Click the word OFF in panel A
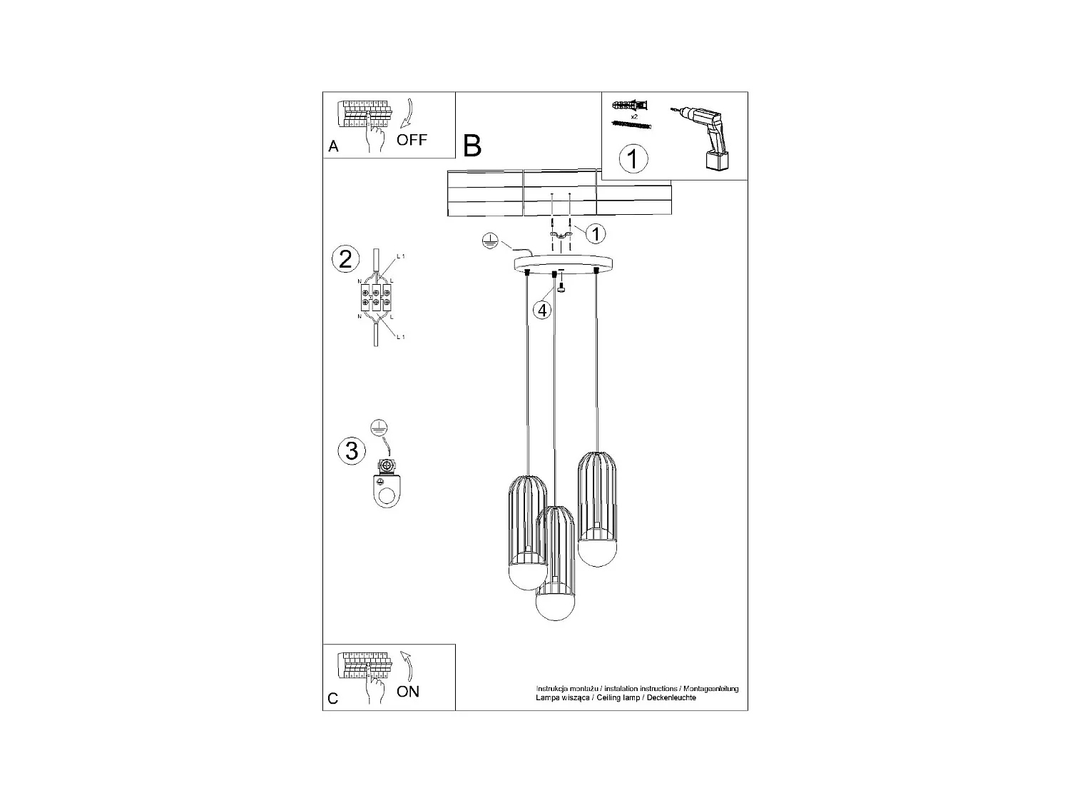coord(412,140)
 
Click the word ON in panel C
coord(408,691)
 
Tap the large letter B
coord(472,146)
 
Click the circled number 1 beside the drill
coord(633,158)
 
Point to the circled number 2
coord(345,259)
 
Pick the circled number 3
coord(351,451)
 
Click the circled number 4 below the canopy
coord(543,310)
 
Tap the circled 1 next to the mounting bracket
coord(596,233)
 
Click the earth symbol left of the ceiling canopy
coord(489,241)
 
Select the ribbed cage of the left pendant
coord(528,517)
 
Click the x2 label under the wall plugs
coord(633,116)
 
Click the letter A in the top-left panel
coord(333,147)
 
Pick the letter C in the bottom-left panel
coord(333,699)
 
